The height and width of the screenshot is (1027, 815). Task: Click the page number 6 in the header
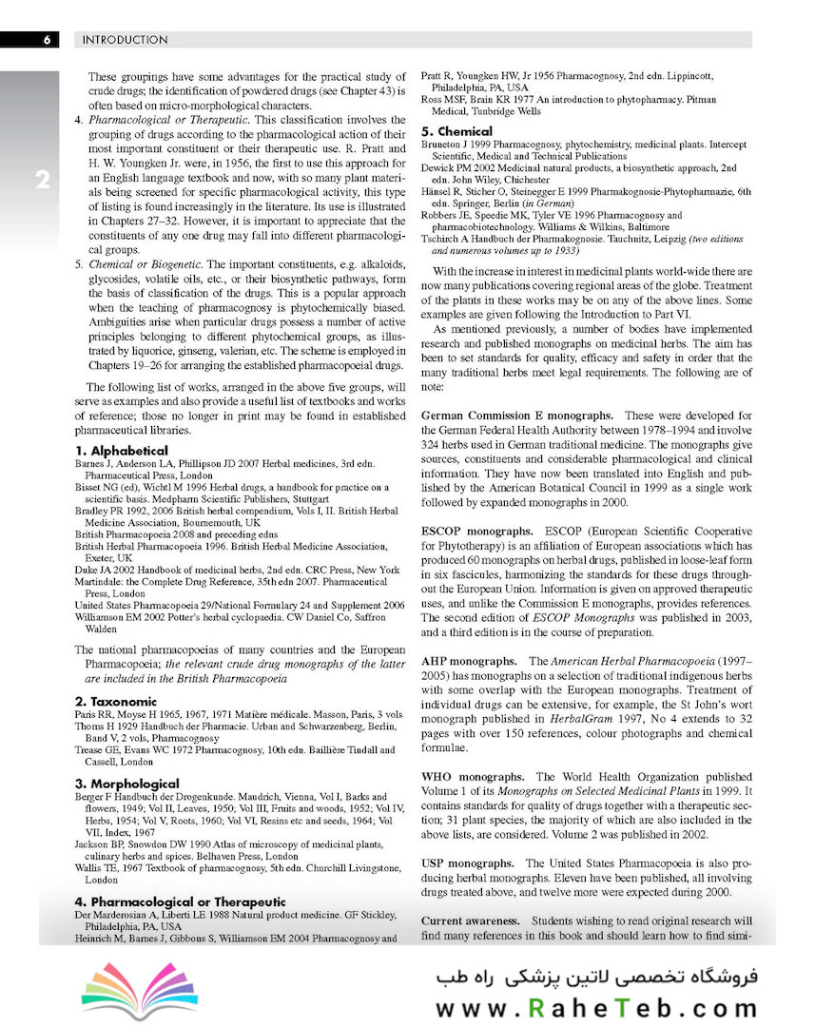tap(45, 40)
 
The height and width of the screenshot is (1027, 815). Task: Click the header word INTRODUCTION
tap(126, 40)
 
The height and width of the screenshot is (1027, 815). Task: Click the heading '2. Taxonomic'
tap(116, 701)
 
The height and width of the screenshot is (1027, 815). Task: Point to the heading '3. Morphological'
tap(127, 783)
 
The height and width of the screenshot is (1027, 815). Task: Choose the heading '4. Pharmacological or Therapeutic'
tap(181, 901)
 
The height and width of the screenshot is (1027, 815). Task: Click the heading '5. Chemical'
tap(456, 131)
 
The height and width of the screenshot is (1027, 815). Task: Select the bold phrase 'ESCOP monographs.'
tap(476, 531)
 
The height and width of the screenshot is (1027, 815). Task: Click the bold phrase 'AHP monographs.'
tap(469, 660)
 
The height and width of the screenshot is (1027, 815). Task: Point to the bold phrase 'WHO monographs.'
tap(472, 777)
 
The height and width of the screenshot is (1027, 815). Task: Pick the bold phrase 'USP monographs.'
tap(468, 862)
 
